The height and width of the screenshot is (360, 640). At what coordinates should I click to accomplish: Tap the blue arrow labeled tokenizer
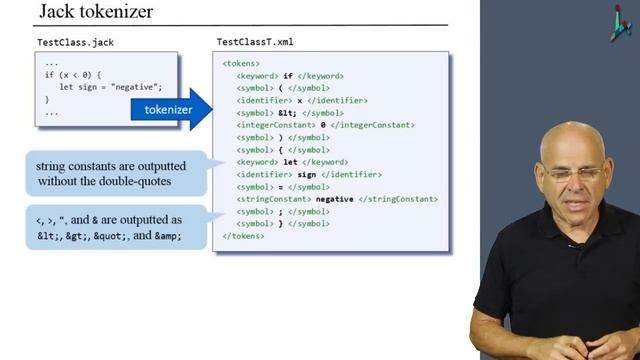pos(171,110)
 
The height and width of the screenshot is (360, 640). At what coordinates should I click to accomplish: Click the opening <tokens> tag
pos(240,63)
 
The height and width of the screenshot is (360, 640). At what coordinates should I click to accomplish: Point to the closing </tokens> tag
pos(243,236)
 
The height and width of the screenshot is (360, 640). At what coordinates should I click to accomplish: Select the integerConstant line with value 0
pos(326,125)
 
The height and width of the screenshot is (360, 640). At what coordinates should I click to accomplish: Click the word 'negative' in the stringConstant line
pos(335,199)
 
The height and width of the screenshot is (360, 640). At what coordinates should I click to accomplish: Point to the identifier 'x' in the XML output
pos(300,101)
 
